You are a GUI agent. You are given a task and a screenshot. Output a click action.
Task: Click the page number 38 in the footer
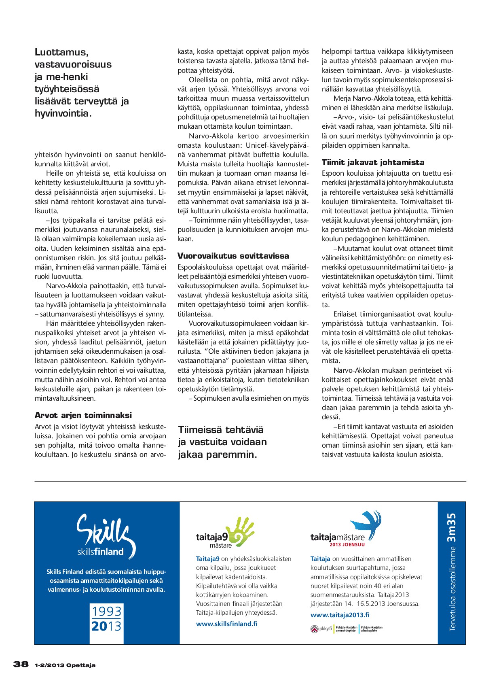(x=21, y=664)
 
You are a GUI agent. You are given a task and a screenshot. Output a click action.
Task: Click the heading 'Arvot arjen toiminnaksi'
(x=83, y=415)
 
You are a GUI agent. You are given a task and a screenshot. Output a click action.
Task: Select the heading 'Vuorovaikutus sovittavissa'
(x=233, y=256)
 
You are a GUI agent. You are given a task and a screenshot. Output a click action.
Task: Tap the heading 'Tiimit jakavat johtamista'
(x=373, y=162)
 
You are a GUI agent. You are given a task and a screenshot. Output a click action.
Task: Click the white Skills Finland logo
(x=106, y=535)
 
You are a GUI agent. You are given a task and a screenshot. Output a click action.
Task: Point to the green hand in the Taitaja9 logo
(x=241, y=531)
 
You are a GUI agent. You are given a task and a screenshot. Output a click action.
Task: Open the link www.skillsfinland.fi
(x=226, y=624)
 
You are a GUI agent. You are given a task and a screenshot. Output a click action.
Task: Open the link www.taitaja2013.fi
(x=340, y=615)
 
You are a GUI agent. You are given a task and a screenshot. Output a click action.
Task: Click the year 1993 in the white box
(x=106, y=611)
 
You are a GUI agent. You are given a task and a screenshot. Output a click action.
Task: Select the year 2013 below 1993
(x=106, y=626)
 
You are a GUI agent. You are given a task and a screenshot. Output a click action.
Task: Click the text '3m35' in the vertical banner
(x=451, y=527)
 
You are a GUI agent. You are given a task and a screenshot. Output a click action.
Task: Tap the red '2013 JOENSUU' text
(x=347, y=544)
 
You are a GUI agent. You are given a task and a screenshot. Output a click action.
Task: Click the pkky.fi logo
(x=321, y=629)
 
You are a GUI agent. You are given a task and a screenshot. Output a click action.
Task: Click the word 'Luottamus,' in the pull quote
(x=61, y=52)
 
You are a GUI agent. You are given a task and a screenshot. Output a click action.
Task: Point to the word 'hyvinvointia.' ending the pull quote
(x=63, y=113)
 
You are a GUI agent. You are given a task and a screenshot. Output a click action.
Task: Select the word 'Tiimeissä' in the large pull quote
(x=200, y=430)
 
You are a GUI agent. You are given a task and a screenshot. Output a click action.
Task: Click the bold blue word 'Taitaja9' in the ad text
(x=207, y=559)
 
